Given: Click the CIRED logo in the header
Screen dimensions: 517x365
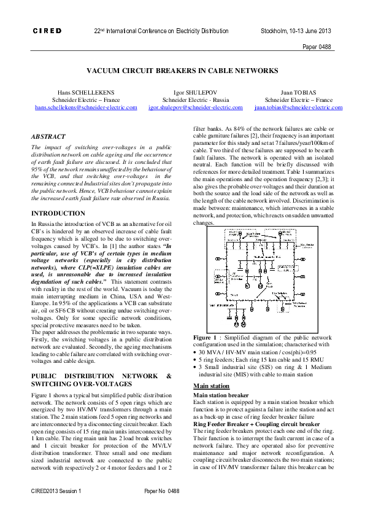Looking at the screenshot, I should pyautogui.click(x=47, y=30).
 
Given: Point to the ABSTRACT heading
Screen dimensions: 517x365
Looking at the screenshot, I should pyautogui.click(x=48, y=137).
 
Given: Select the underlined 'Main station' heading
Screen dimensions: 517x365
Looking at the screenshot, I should pyautogui.click(x=211, y=386).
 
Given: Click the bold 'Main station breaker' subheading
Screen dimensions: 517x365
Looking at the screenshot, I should pyautogui.click(x=221, y=395).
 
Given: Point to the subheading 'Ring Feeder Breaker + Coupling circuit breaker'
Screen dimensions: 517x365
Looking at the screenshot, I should pyautogui.click(x=256, y=424).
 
